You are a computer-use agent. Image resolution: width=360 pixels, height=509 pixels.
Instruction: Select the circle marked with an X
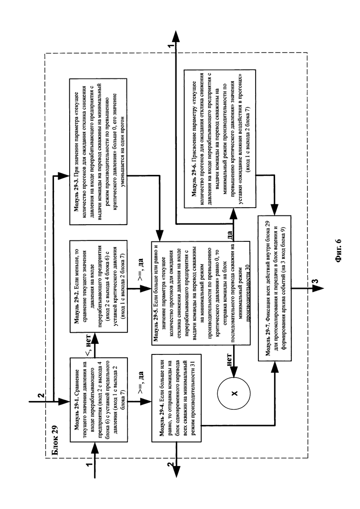[x=234, y=393]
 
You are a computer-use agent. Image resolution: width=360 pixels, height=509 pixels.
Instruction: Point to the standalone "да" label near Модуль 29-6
[x=229, y=234]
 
